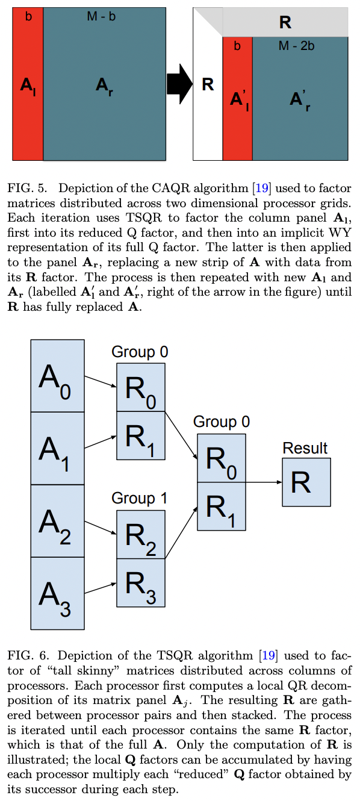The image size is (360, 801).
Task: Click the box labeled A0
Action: point(57,376)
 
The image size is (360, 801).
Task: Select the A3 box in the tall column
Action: point(57,593)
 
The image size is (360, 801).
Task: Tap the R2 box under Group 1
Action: point(140,534)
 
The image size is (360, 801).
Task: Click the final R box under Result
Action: point(306,482)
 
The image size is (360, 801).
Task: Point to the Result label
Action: point(305,449)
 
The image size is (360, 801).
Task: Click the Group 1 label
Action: point(140,499)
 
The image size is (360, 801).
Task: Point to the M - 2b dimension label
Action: point(296,46)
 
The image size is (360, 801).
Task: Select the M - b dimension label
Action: point(101,16)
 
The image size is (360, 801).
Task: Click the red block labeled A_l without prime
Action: point(28,84)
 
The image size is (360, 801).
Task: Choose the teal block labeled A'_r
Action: point(300,99)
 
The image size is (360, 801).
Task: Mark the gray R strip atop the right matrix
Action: point(285,23)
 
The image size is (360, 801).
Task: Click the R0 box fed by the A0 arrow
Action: point(140,387)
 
